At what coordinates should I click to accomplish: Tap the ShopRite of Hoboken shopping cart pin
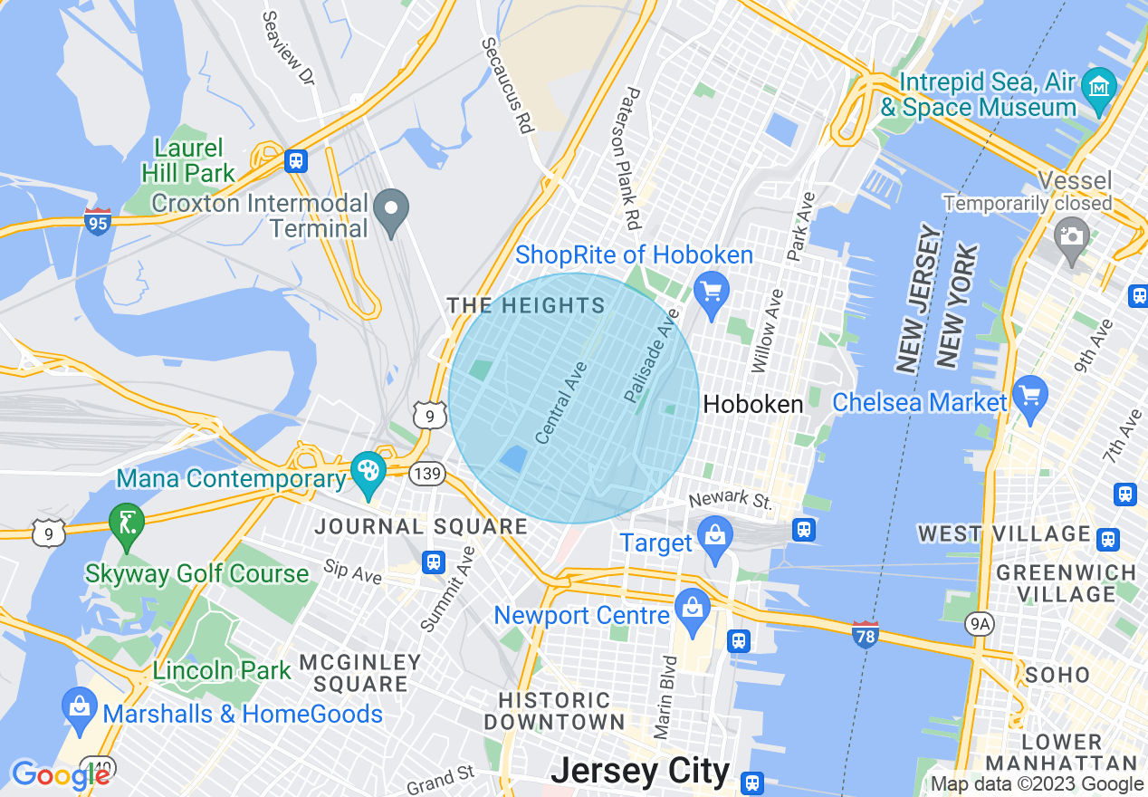pos(712,291)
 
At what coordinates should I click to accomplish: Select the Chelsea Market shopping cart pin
pos(1030,395)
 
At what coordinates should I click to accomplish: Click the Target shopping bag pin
pos(715,534)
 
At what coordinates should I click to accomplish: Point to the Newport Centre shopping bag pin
pos(693,607)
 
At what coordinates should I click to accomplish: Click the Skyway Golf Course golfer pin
pos(126,522)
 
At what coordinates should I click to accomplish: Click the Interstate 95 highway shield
pos(98,221)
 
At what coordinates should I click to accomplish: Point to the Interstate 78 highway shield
pos(866,633)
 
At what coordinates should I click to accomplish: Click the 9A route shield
pos(980,623)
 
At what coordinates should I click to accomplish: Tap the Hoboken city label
pos(753,404)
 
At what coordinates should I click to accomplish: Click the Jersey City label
pos(640,771)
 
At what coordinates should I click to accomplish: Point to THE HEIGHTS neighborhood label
pos(526,305)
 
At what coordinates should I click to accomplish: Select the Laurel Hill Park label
pos(188,160)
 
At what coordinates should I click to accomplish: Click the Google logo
pos(60,775)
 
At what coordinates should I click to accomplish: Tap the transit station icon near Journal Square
pos(434,562)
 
